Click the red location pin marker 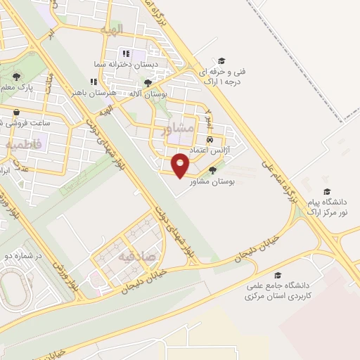[181, 165]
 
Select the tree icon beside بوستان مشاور [212, 169]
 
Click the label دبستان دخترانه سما [127, 64]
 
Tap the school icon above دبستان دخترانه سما [126, 53]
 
